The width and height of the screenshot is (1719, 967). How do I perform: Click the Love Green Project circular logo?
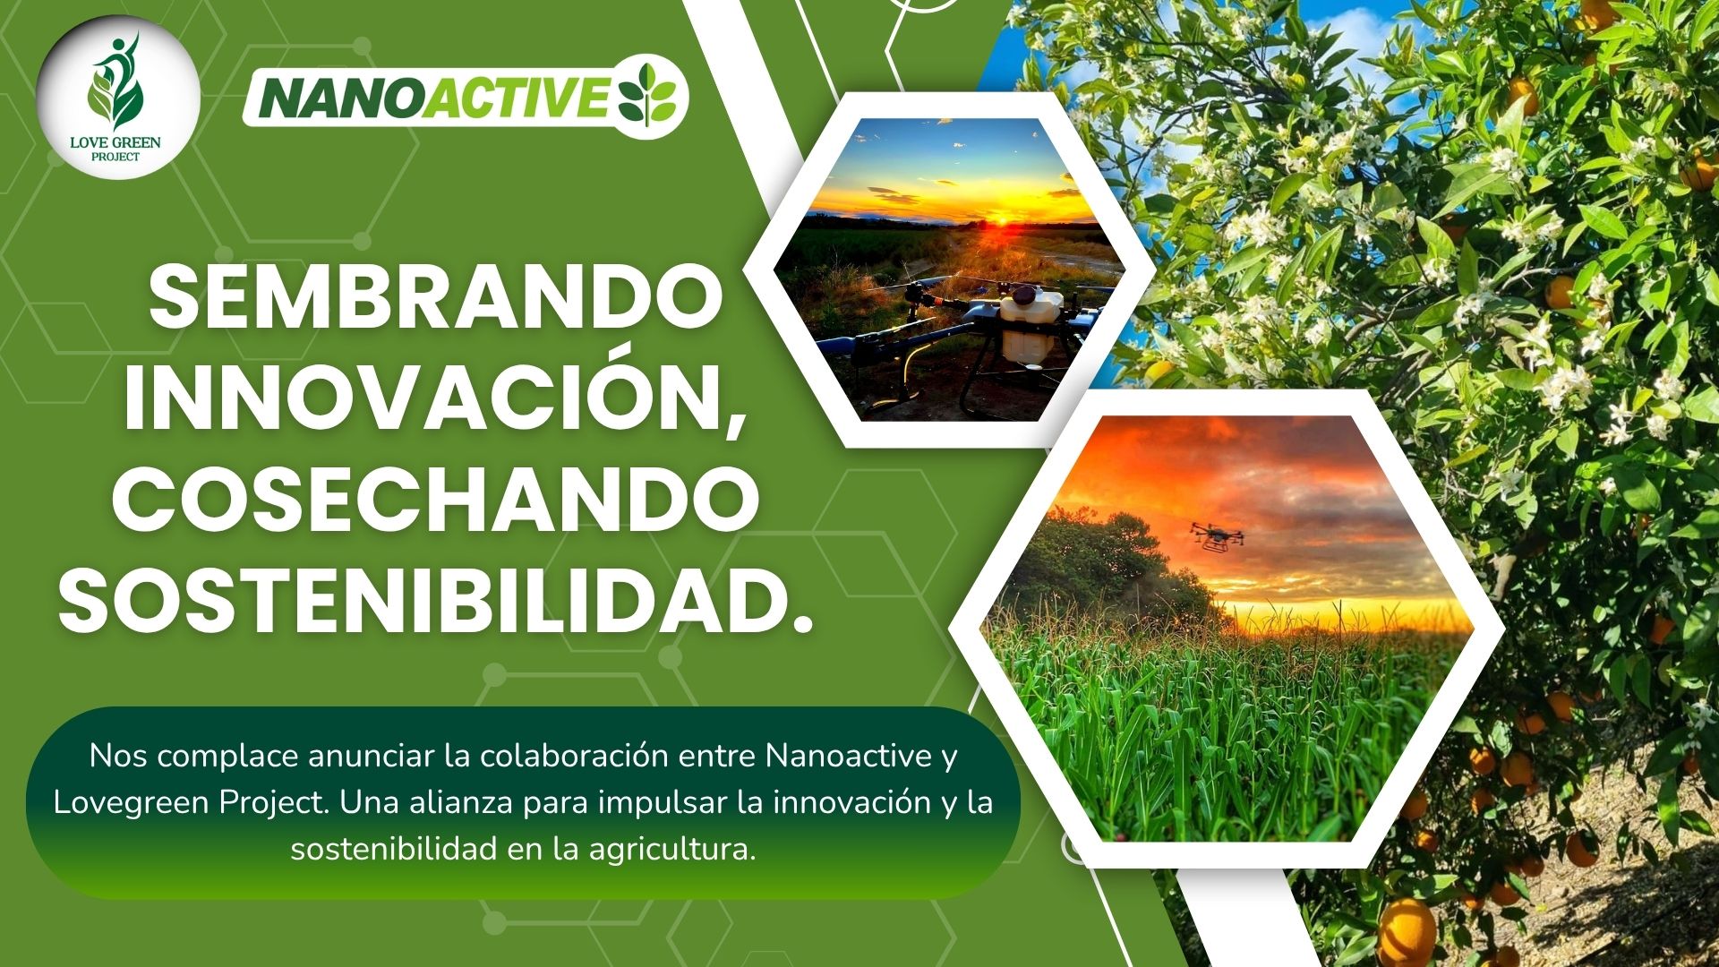[119, 98]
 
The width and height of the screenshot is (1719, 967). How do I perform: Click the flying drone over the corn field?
[1217, 536]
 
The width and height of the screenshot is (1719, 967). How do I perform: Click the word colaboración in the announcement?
[574, 756]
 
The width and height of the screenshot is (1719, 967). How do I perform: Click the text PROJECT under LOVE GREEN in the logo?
[115, 157]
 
